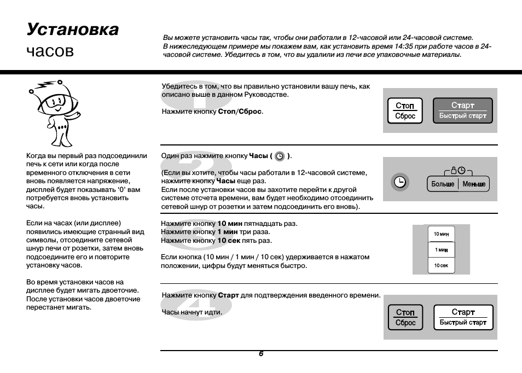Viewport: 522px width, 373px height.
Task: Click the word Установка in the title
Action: click(72, 29)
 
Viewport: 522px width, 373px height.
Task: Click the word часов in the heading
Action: click(50, 51)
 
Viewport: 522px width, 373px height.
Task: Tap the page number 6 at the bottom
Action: click(261, 354)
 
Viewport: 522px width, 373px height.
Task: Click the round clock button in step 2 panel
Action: click(401, 183)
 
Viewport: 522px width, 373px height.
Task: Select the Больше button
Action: click(442, 184)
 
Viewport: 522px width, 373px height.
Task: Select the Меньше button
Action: click(473, 184)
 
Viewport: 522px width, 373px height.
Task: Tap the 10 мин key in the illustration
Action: click(441, 234)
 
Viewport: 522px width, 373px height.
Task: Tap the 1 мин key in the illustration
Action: click(441, 250)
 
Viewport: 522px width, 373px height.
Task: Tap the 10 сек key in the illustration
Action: click(441, 265)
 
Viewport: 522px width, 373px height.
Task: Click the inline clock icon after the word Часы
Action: click(280, 156)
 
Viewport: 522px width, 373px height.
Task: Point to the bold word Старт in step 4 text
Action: click(228, 295)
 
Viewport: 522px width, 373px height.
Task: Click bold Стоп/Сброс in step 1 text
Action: click(240, 112)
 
